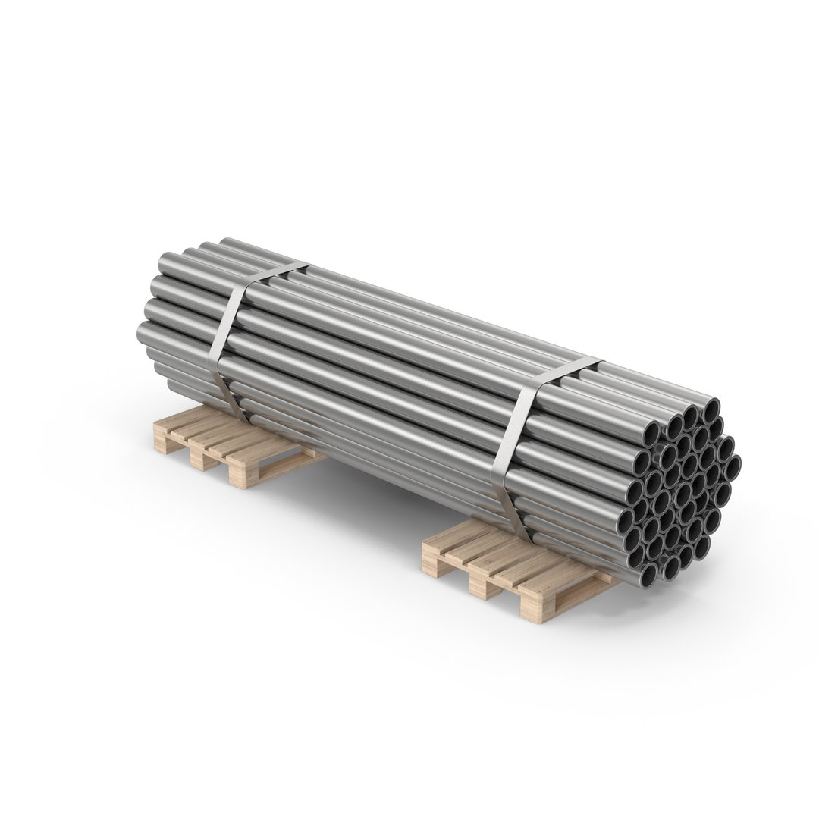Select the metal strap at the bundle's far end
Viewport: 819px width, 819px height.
[x=231, y=341]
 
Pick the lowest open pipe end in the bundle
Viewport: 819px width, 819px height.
[x=648, y=576]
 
